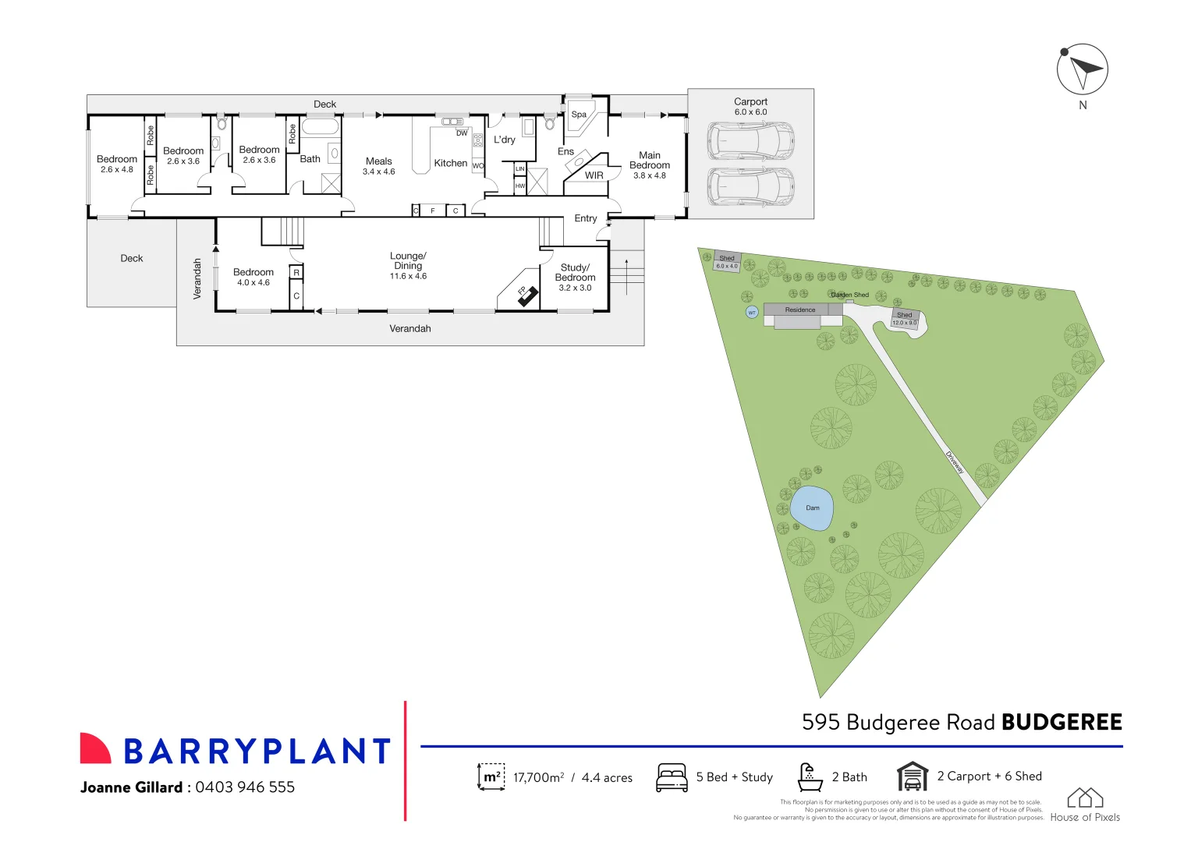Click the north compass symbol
click(x=1082, y=69)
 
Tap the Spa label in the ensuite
click(x=579, y=115)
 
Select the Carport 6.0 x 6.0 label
click(x=750, y=107)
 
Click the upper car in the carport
click(x=750, y=141)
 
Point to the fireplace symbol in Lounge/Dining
click(x=528, y=295)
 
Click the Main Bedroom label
click(x=650, y=161)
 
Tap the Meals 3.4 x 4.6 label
click(x=379, y=166)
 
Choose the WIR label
click(x=594, y=175)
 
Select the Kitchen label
click(x=451, y=163)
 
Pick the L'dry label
click(x=505, y=140)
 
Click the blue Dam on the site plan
click(x=812, y=508)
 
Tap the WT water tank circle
click(x=752, y=312)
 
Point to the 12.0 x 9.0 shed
click(x=905, y=319)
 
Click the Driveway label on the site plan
click(x=955, y=462)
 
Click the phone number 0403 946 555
click(x=245, y=787)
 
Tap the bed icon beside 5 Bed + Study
click(x=672, y=777)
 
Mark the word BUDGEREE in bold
click(x=1062, y=723)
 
